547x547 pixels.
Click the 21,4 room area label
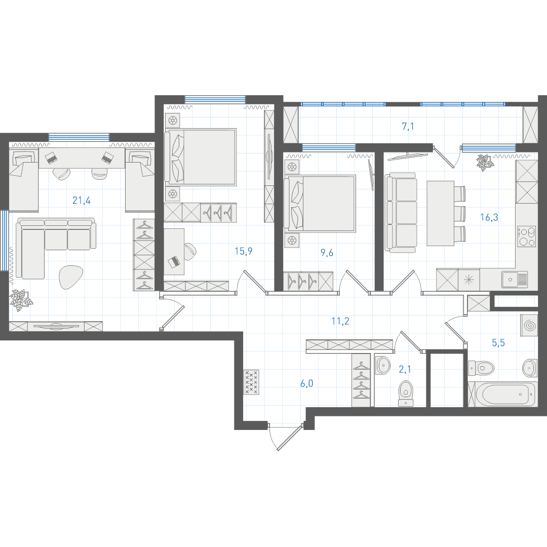click(81, 200)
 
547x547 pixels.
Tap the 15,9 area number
click(244, 251)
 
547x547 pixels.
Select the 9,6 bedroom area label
click(327, 253)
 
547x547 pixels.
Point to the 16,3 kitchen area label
click(489, 217)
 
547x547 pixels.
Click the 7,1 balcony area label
click(408, 126)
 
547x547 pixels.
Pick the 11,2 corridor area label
click(340, 321)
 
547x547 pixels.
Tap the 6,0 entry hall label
click(306, 384)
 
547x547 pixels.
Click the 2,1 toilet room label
click(405, 369)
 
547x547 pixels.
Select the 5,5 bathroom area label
click(498, 343)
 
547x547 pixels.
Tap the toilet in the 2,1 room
click(406, 393)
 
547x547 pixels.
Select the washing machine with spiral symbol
click(529, 325)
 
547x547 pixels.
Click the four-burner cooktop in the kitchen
click(526, 237)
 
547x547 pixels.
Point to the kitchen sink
click(515, 280)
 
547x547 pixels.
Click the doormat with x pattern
click(252, 382)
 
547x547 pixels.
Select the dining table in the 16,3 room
click(440, 213)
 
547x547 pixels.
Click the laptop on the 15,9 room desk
click(173, 261)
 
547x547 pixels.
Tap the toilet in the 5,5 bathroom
click(481, 368)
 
